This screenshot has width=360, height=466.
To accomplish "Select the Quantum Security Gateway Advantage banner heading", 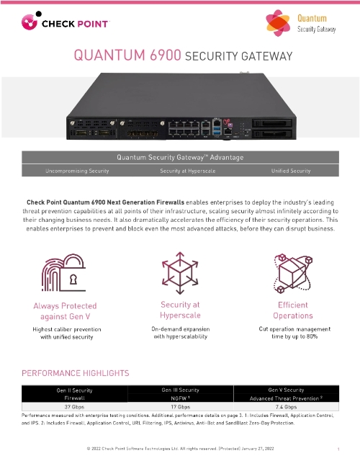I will point(180,157).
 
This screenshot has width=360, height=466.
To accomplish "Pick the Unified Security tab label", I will point(290,171).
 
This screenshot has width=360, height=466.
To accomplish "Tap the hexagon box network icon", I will point(293,273).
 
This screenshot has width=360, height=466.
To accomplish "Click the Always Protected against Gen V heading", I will point(66,310).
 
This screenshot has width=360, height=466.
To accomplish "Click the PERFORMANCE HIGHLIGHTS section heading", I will point(76,373).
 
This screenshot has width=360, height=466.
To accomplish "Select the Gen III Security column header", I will point(180,389).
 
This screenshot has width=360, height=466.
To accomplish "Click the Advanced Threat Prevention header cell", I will point(293,398).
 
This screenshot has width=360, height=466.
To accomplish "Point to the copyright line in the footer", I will point(180,449).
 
